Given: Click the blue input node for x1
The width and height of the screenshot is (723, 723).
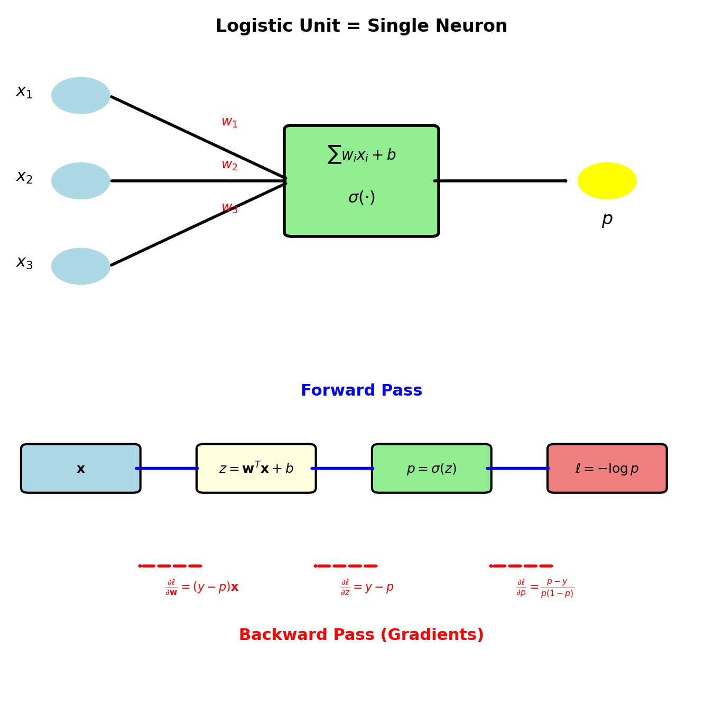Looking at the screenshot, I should coord(81,96).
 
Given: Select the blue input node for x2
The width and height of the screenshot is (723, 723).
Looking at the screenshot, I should coord(81,181).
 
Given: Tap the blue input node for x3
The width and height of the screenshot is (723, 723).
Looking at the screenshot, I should coord(81,266).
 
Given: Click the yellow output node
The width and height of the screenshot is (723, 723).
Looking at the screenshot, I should coord(607,181).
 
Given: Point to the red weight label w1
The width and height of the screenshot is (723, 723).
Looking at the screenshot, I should coord(229,122).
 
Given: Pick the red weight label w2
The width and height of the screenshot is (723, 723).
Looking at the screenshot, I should coord(229,165).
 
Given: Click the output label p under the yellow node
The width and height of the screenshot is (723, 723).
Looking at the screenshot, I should coord(607,219).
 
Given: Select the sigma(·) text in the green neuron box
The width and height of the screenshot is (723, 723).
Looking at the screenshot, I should coord(361,198).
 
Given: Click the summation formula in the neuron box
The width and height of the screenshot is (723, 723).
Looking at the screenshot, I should coord(361,154).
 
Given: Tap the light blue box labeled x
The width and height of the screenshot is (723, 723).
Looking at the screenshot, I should coord(81,469).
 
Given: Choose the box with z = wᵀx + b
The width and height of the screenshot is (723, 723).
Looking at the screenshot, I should coord(256,469).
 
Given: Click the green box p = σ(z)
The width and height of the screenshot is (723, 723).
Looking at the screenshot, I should coord(431,469).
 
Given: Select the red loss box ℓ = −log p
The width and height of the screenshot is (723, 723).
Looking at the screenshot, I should coord(607,469).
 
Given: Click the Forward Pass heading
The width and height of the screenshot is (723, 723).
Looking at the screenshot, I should coord(361,391).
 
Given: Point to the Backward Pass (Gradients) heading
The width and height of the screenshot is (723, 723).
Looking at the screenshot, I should coord(361,635).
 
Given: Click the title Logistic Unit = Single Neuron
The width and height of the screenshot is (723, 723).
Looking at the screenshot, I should coord(361,26).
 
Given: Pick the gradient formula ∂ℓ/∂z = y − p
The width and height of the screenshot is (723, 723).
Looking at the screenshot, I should coord(367,587).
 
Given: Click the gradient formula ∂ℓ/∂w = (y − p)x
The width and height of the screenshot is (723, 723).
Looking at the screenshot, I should coord(202,587).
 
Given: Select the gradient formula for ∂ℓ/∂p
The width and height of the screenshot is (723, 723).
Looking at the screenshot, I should coord(545,588).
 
